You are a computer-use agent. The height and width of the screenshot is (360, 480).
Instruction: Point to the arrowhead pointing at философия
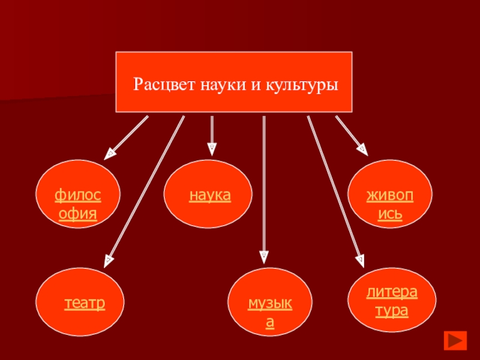pyautogui.click(x=111, y=152)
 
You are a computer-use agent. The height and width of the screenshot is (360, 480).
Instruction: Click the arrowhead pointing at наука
pyautogui.click(x=212, y=147)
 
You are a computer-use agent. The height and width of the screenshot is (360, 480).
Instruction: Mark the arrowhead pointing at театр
pyautogui.click(x=109, y=260)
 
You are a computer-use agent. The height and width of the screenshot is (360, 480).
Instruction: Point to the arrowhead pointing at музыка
pyautogui.click(x=263, y=257)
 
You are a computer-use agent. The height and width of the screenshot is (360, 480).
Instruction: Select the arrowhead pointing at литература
pyautogui.click(x=361, y=259)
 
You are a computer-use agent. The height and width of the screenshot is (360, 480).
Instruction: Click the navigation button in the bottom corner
pyautogui.click(x=455, y=340)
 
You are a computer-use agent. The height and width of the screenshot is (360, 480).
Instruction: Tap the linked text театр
pyautogui.click(x=85, y=303)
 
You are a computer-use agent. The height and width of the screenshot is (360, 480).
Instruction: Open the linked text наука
pyautogui.click(x=211, y=196)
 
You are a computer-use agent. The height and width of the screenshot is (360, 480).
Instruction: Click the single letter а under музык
pyautogui.click(x=271, y=323)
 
